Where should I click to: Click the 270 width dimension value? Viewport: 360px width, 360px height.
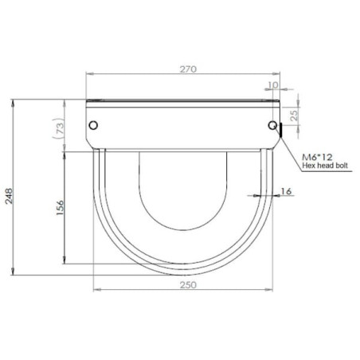[x=188, y=69]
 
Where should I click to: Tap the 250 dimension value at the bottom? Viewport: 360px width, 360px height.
[x=188, y=285]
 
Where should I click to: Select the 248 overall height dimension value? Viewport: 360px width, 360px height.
[x=9, y=196]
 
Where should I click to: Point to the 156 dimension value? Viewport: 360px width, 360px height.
[x=60, y=208]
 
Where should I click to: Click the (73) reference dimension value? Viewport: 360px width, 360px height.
[x=59, y=128]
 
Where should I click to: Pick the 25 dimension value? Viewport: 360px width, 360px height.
[x=294, y=115]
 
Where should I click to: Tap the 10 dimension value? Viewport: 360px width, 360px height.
[x=273, y=85]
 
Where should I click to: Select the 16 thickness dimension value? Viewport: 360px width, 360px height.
[x=286, y=191]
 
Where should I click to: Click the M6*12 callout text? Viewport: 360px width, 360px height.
[x=317, y=157]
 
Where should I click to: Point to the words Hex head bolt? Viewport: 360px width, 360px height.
[x=325, y=166]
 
